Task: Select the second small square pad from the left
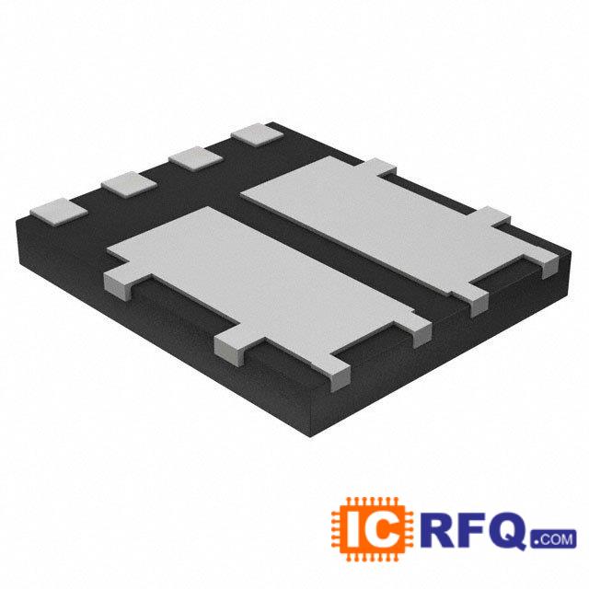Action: [127, 184]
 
